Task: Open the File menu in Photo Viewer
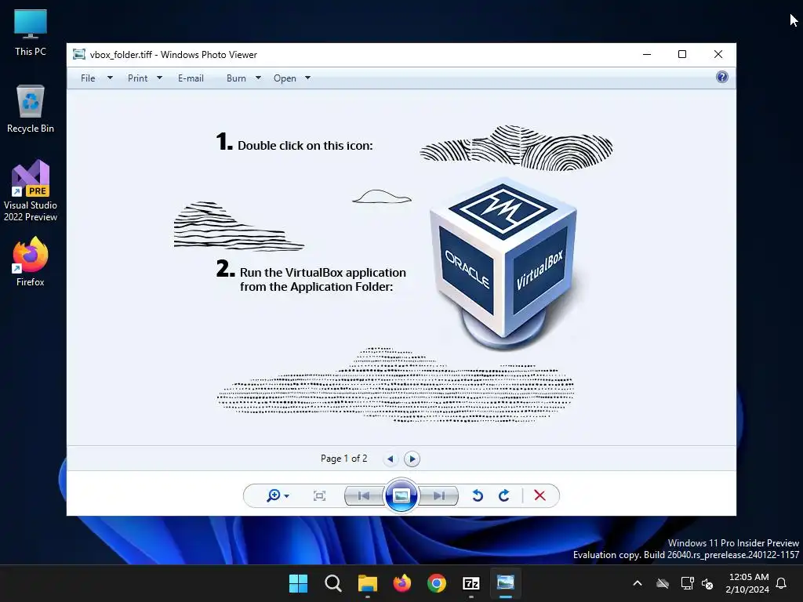pyautogui.click(x=88, y=78)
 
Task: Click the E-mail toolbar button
pyautogui.click(x=191, y=78)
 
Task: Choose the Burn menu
pyautogui.click(x=236, y=78)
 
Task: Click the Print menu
pyautogui.click(x=137, y=78)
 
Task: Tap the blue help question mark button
pyautogui.click(x=722, y=78)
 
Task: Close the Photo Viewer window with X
pyautogui.click(x=718, y=54)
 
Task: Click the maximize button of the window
pyautogui.click(x=682, y=54)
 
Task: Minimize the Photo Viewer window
pyautogui.click(x=647, y=54)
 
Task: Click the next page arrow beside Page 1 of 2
pyautogui.click(x=412, y=459)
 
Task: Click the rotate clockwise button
pyautogui.click(x=504, y=495)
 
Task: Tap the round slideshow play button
pyautogui.click(x=401, y=495)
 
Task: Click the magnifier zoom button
pyautogui.click(x=274, y=495)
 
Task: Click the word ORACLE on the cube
pyautogui.click(x=467, y=270)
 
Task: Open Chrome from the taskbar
pyautogui.click(x=436, y=583)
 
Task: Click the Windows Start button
pyautogui.click(x=298, y=583)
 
